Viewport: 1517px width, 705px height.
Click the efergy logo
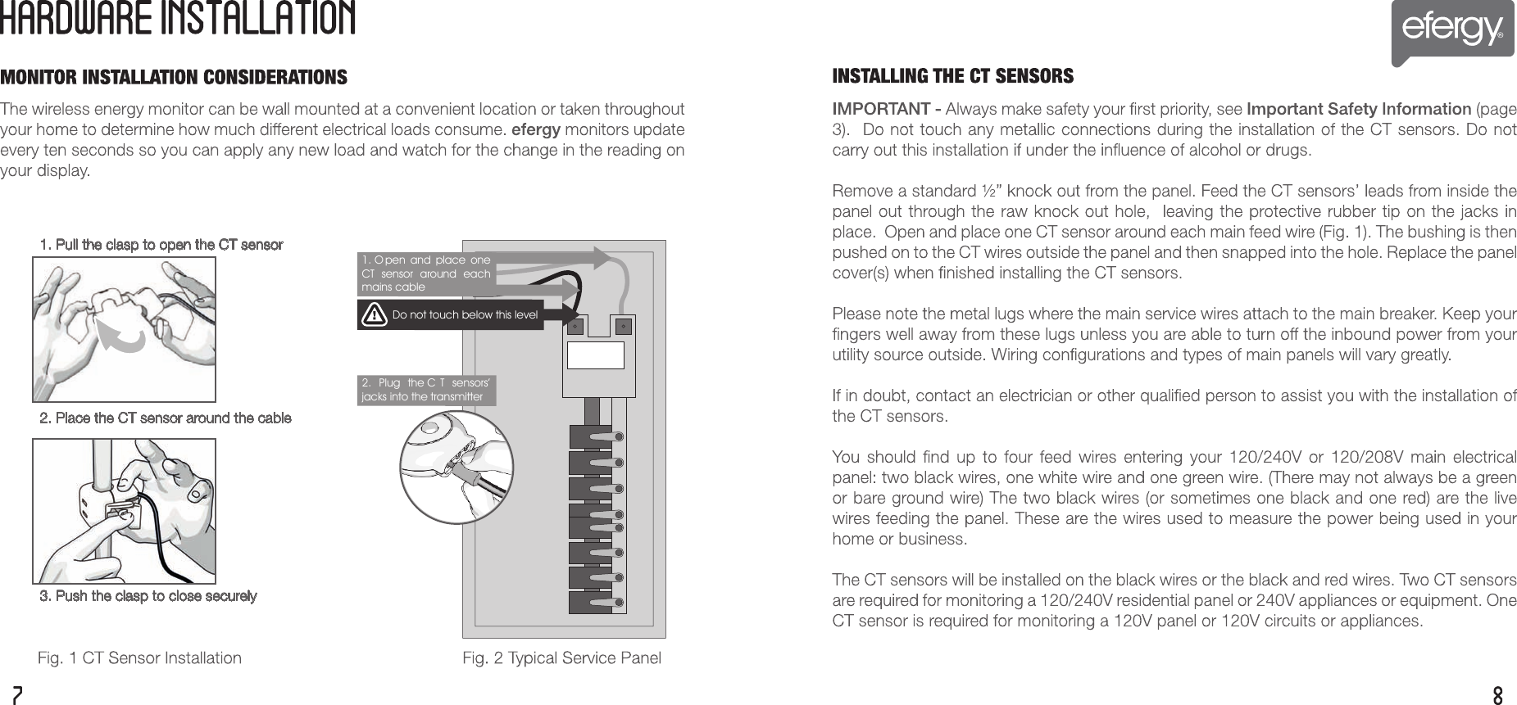[x=1451, y=31]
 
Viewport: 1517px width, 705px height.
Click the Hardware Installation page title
[x=178, y=19]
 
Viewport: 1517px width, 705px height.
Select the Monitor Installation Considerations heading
[x=174, y=78]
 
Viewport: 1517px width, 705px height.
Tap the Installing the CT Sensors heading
[x=952, y=77]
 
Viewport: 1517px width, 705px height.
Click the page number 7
[x=16, y=695]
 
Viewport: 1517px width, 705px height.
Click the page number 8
[x=1497, y=695]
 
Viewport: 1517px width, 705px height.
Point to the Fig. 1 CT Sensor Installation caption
[x=140, y=658]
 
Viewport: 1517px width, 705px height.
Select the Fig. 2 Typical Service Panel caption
[x=561, y=658]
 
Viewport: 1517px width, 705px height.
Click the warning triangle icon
[x=375, y=314]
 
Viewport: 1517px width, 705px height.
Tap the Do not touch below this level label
[x=465, y=315]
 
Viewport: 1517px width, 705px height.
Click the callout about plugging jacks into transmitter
[x=426, y=390]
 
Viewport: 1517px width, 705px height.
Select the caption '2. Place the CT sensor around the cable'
[x=166, y=418]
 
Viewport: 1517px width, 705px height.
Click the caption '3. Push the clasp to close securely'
[x=148, y=596]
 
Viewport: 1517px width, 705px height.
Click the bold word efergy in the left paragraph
[x=537, y=131]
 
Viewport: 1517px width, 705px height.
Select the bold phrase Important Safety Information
[x=1358, y=110]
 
